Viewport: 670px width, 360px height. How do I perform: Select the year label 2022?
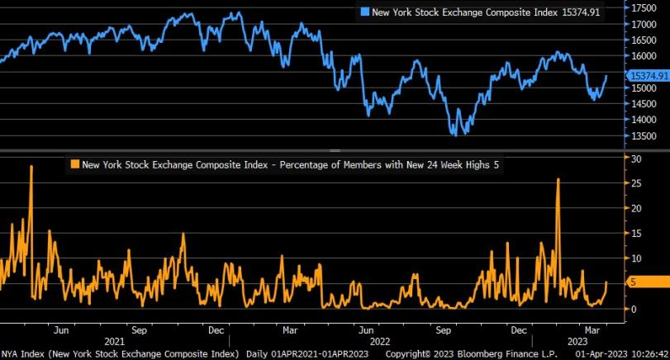point(379,340)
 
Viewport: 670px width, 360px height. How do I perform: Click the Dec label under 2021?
point(216,329)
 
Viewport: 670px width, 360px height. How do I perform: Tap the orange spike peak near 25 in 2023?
point(558,179)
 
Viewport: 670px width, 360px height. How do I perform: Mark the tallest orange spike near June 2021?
point(31,167)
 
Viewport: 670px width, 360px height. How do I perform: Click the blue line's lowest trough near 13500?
point(454,134)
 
